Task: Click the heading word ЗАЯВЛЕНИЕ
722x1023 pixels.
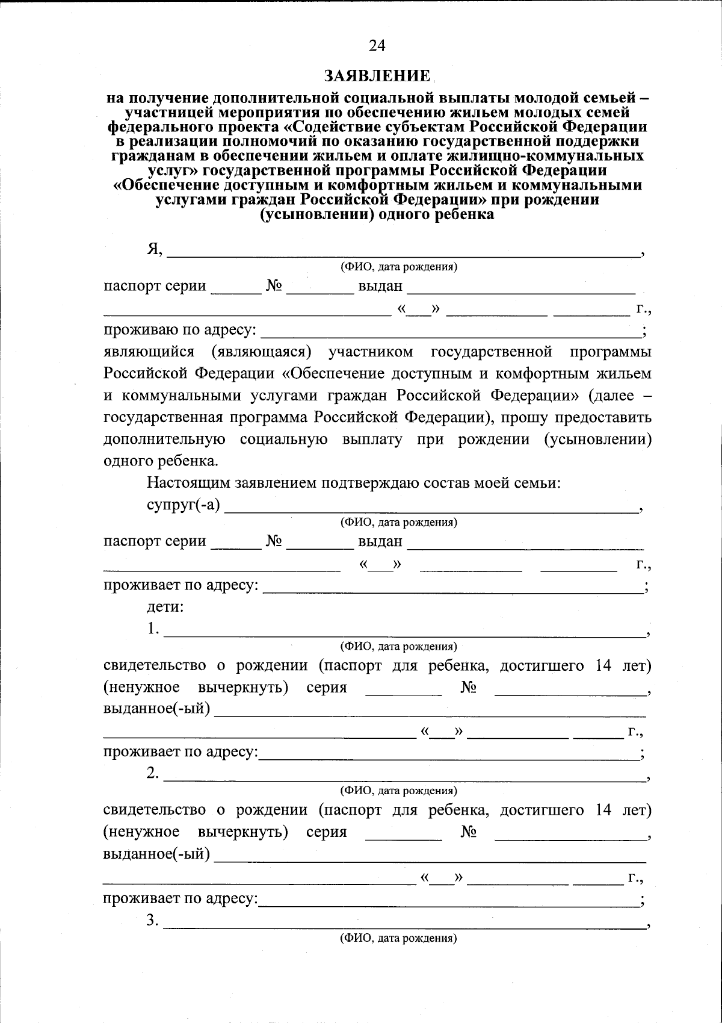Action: tap(377, 76)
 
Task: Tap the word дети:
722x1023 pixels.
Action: tap(165, 607)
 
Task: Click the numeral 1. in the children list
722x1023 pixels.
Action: tap(153, 629)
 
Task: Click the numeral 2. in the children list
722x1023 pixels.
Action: tap(153, 773)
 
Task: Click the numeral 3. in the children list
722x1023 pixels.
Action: tap(153, 921)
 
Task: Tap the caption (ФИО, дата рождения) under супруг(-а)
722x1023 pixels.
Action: tap(398, 523)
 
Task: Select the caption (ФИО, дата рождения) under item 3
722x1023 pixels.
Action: tap(398, 939)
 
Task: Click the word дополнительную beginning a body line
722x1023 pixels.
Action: tap(164, 440)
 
